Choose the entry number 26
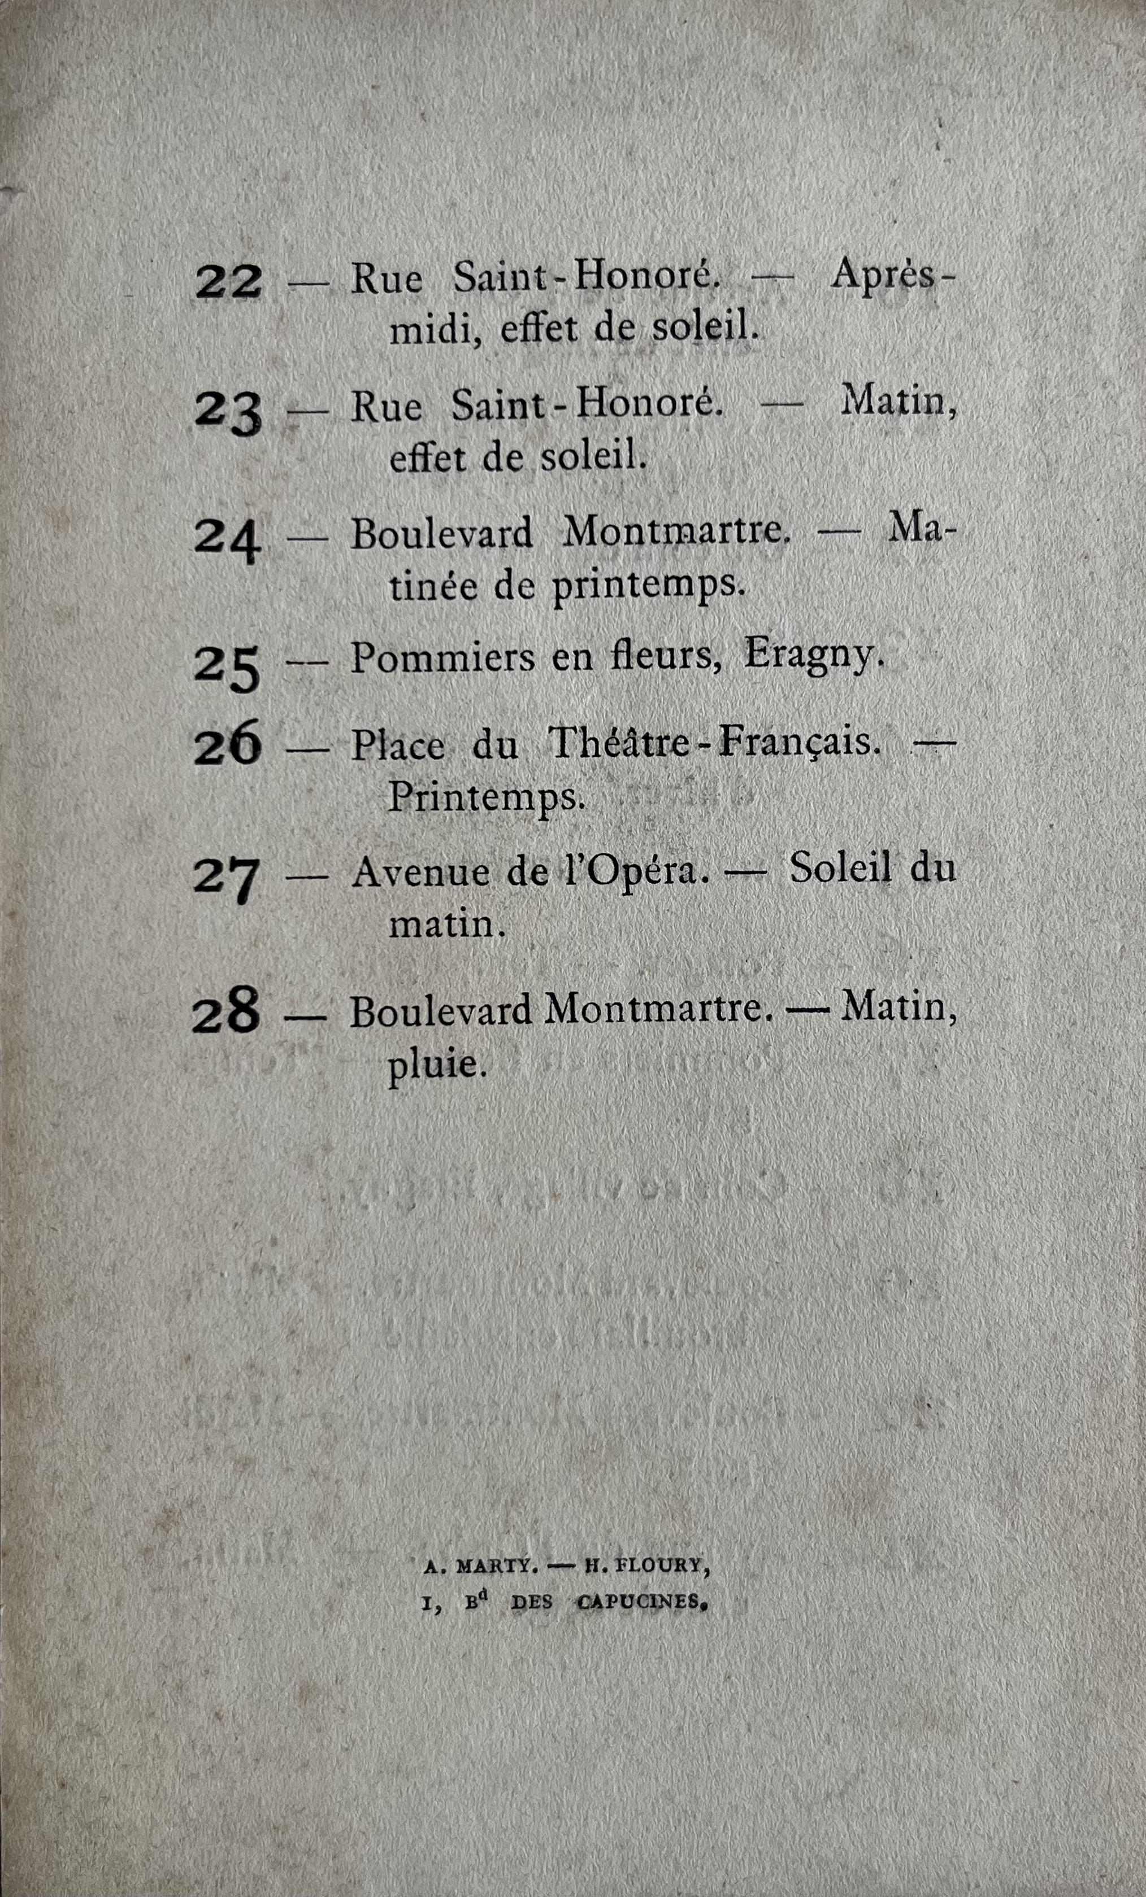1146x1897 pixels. tap(227, 746)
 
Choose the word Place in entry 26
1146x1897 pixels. tap(397, 746)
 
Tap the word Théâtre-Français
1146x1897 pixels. tap(713, 744)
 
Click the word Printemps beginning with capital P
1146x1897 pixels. tap(486, 797)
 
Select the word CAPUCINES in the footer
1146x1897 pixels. tap(641, 1602)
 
